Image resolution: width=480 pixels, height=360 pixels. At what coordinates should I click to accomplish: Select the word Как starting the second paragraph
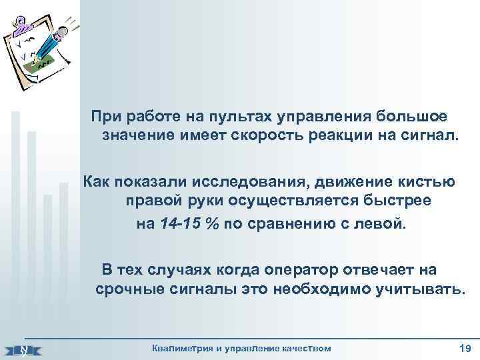[x=95, y=182]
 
